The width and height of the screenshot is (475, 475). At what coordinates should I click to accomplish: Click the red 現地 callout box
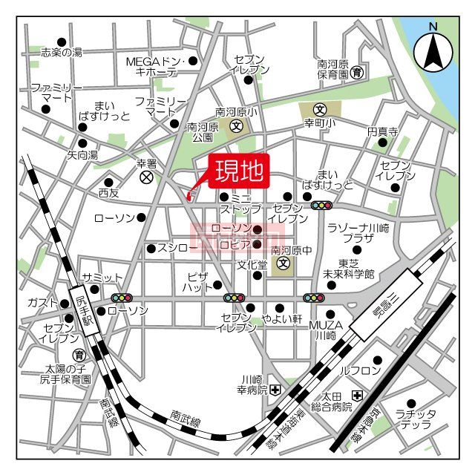pyautogui.click(x=239, y=173)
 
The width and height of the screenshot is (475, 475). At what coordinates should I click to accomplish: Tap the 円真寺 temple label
pyautogui.click(x=382, y=132)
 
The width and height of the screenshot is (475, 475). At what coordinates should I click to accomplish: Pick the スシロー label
pyautogui.click(x=176, y=247)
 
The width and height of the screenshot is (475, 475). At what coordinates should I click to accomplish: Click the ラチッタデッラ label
pyautogui.click(x=415, y=419)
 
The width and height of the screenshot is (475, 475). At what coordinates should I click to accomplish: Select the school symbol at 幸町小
pyautogui.click(x=320, y=108)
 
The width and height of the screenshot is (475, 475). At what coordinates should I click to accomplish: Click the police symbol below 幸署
pyautogui.click(x=146, y=177)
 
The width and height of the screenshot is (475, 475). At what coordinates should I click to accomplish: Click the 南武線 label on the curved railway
pyautogui.click(x=185, y=420)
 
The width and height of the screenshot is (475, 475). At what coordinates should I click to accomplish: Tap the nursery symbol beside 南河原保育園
pyautogui.click(x=358, y=73)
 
